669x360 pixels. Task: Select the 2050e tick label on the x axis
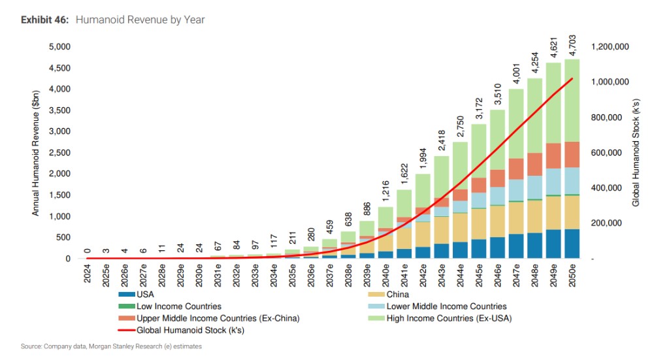(573, 274)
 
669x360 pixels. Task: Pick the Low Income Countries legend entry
(178, 306)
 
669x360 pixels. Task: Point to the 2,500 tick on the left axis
(59, 153)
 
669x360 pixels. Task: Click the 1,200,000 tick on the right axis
(610, 47)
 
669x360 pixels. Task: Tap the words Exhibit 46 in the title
(44, 20)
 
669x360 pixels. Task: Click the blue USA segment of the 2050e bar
(573, 244)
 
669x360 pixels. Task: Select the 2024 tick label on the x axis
(88, 271)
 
